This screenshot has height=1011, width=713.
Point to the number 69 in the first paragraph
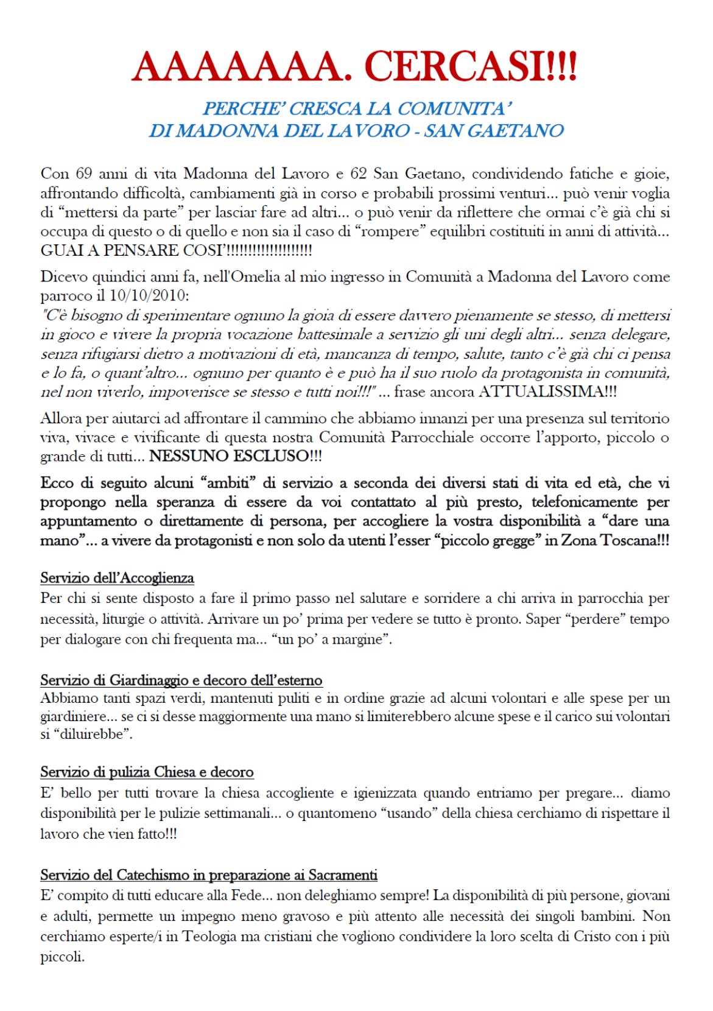pyautogui.click(x=84, y=174)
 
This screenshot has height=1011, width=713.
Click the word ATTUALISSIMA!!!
pyautogui.click(x=547, y=392)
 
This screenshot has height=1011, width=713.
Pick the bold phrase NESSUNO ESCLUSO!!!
pyautogui.click(x=236, y=456)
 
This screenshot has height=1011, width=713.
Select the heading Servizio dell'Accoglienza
pyautogui.click(x=117, y=578)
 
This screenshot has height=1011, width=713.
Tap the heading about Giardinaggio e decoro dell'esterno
pyautogui.click(x=181, y=680)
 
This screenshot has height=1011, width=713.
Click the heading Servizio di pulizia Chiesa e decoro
pyautogui.click(x=147, y=772)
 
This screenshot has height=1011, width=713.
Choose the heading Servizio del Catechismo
pyautogui.click(x=209, y=875)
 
